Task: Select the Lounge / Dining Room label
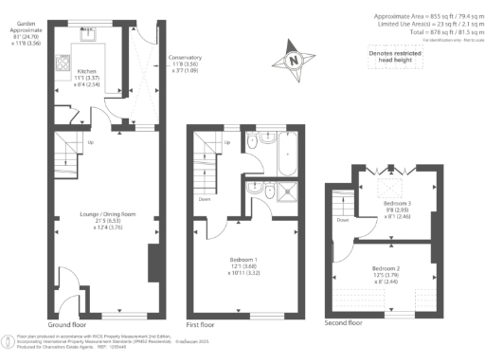pyautogui.click(x=107, y=220)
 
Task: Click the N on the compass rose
pyautogui.click(x=295, y=62)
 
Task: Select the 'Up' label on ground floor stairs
pyautogui.click(x=91, y=143)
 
